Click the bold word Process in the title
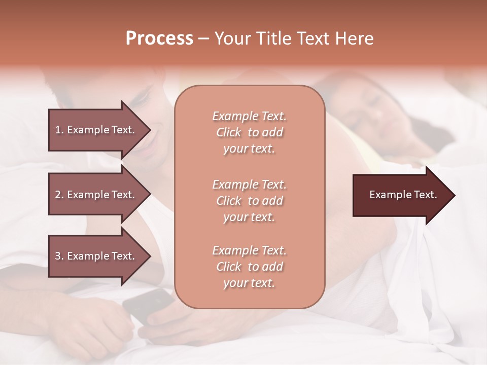[x=159, y=39]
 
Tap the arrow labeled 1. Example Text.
[x=96, y=130]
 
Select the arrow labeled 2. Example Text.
[x=96, y=195]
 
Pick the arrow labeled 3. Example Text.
[x=96, y=256]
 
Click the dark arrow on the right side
[x=401, y=195]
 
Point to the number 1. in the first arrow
[x=59, y=130]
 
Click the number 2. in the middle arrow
[x=59, y=195]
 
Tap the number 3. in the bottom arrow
[x=59, y=256]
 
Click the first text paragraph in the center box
[x=249, y=132]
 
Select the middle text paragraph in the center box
[x=249, y=201]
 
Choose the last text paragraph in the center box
[x=249, y=267]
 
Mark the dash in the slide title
[x=203, y=39]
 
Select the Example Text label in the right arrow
[x=403, y=195]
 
